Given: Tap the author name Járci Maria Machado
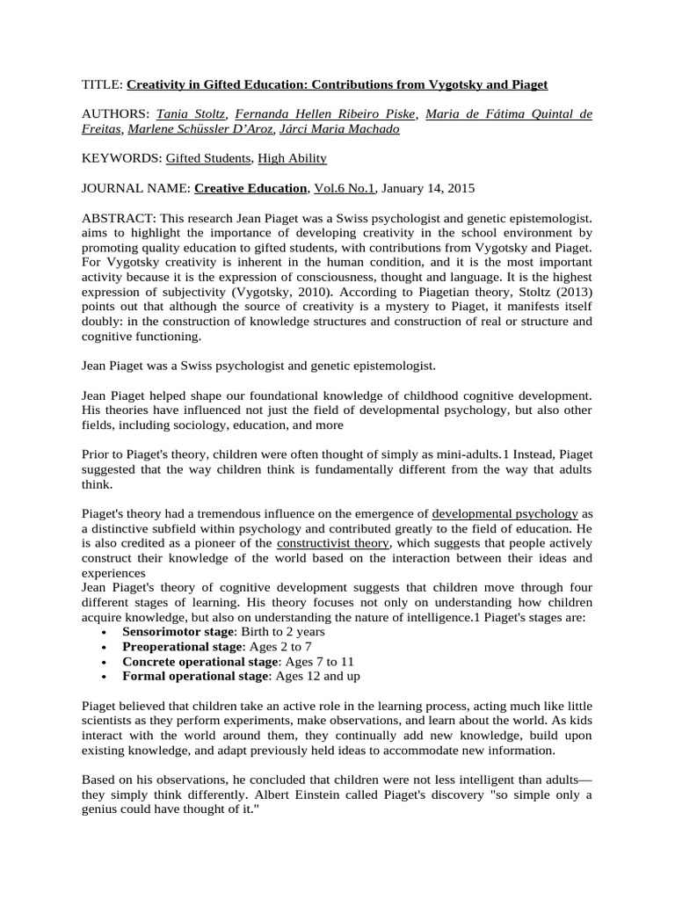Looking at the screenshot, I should click(338, 129).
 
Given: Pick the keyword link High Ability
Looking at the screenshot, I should click(292, 159).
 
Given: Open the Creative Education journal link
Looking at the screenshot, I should click(251, 188).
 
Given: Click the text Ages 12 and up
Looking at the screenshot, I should click(316, 676).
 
